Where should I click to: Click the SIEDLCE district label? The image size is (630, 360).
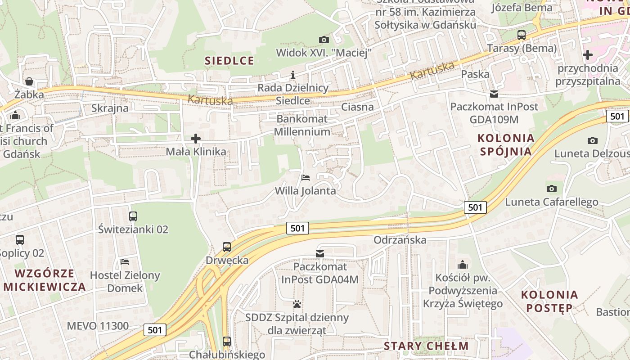pos(229,61)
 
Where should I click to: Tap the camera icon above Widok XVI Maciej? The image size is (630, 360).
pos(324,40)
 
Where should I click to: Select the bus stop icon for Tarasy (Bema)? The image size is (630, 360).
pos(522,35)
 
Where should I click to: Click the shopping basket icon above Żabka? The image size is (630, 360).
pos(29,81)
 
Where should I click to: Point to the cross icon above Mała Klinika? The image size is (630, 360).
pos(196,138)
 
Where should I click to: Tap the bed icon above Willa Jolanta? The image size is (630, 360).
pos(306,177)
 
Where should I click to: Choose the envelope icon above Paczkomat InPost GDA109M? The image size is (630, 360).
pos(494,94)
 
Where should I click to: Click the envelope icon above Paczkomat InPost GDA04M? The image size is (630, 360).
pos(320,254)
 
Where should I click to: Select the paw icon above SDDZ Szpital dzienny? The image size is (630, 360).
pos(297,304)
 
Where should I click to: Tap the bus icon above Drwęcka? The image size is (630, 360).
pos(227,247)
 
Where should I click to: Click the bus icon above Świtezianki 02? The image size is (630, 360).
pos(133,216)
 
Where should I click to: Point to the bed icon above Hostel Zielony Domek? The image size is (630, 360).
pos(125,261)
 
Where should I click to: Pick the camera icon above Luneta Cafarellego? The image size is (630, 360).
pos(551,189)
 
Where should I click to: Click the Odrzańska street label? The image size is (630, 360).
pos(400,240)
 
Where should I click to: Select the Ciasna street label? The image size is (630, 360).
pos(357,107)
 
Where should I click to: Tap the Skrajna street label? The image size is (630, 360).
pos(110,108)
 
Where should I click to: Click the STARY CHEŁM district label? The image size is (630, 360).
pos(426,346)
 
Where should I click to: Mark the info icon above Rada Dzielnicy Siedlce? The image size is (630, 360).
pos(293,75)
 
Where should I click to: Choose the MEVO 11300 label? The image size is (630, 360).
pos(98,326)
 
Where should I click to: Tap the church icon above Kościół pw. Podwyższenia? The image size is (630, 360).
pos(463,265)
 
